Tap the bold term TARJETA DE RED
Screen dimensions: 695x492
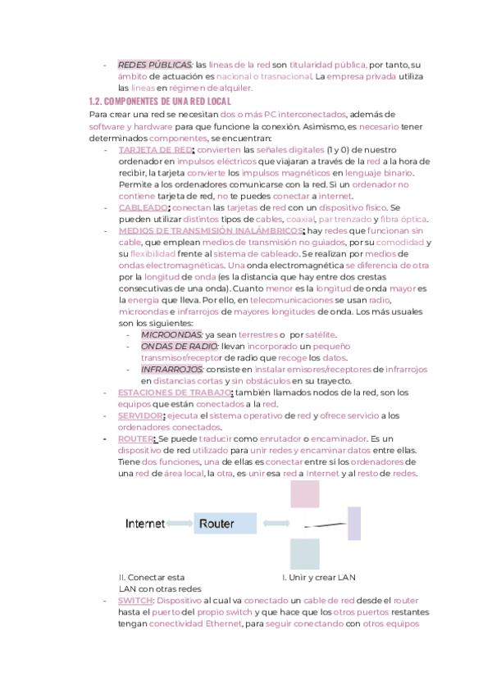click(155, 150)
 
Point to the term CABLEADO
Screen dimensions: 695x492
click(143, 207)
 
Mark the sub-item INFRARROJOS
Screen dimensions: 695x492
click(172, 369)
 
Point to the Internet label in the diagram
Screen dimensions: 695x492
click(144, 523)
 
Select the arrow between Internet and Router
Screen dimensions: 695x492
click(180, 523)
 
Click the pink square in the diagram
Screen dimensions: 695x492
click(305, 494)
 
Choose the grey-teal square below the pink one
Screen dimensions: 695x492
click(305, 554)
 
